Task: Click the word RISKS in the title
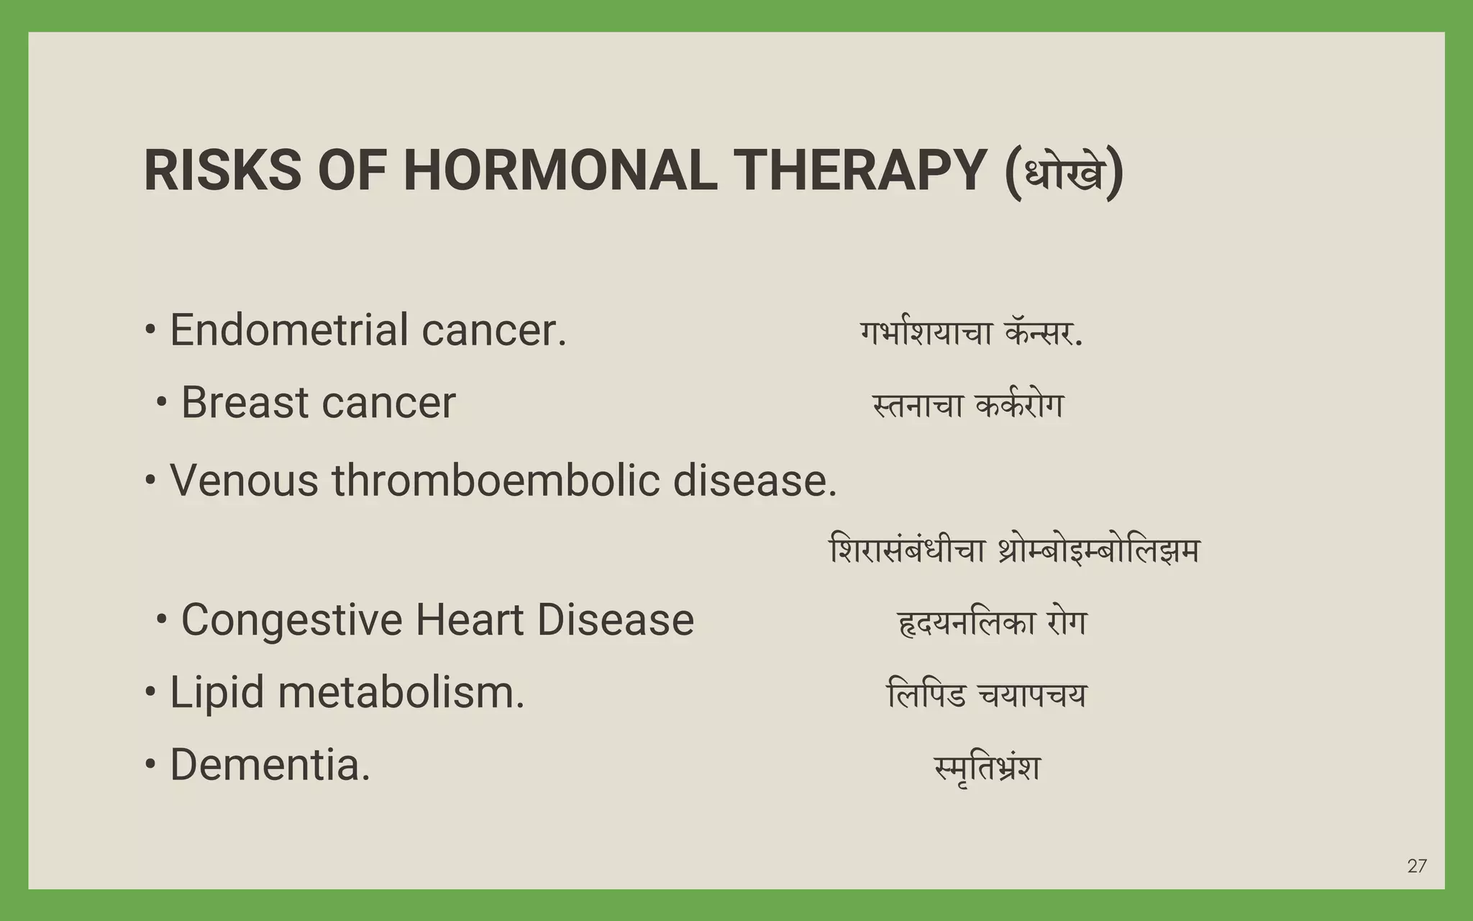[x=222, y=171]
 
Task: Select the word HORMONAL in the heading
[x=560, y=171]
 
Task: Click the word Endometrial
[x=288, y=330]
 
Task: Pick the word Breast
[x=244, y=402]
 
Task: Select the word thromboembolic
[x=496, y=480]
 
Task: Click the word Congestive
[x=291, y=620]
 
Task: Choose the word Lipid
[x=216, y=692]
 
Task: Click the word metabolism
[x=401, y=692]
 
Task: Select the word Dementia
[x=269, y=764]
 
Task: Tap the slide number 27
[x=1416, y=866]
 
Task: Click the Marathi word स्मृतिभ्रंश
[x=987, y=767]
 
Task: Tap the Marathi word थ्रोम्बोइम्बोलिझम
[x=1098, y=551]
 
